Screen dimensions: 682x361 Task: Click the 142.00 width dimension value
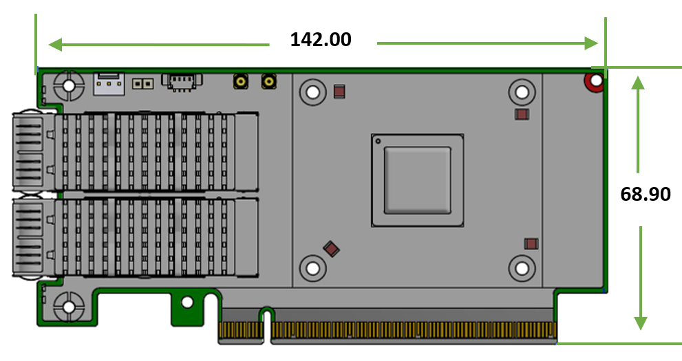321,39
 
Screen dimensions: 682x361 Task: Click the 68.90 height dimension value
646,194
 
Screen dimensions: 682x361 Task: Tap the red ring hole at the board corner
595,81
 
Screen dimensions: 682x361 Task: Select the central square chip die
417,180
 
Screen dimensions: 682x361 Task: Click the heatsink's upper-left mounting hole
312,92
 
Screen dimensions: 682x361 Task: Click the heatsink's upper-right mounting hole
522,92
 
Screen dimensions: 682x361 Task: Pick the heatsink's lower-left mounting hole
312,268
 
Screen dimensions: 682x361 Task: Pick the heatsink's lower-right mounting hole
522,268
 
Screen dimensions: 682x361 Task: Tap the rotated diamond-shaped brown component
332,249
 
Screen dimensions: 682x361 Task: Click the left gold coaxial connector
241,81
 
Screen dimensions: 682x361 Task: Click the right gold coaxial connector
269,81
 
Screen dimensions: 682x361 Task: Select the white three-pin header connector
109,83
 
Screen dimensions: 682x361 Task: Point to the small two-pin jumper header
142,83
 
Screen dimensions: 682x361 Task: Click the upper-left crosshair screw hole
69,85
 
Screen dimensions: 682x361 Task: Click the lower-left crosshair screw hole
69,307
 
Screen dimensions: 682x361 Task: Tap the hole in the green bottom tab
187,302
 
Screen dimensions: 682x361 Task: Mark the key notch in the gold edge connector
266,325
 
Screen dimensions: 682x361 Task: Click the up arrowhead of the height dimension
638,83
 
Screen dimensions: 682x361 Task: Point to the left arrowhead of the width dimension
55,44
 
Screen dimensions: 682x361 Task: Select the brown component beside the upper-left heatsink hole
339,91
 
